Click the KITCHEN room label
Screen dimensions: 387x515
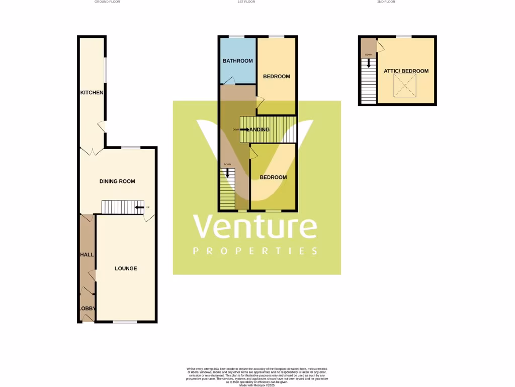tap(92, 93)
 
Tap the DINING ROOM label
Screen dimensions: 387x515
tap(117, 181)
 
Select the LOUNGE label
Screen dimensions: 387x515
tap(126, 269)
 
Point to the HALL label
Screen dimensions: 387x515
tap(87, 255)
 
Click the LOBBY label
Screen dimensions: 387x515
tap(87, 309)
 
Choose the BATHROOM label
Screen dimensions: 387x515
tap(238, 61)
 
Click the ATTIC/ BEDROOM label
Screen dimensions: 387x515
tap(406, 71)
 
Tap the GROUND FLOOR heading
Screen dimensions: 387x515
tap(107, 2)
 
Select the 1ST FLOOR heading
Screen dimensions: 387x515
tap(246, 2)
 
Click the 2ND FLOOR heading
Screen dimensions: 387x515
tap(386, 2)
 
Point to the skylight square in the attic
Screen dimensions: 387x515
tap(405, 86)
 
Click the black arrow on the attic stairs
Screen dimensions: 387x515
tap(369, 63)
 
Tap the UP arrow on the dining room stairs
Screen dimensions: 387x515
tap(139, 207)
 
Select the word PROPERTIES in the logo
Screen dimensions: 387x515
tap(255, 251)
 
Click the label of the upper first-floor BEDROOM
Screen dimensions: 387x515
tap(277, 77)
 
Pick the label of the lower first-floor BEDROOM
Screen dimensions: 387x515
tap(273, 177)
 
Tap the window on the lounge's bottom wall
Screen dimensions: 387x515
tap(125, 321)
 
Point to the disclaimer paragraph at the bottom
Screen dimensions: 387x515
tap(257, 376)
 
